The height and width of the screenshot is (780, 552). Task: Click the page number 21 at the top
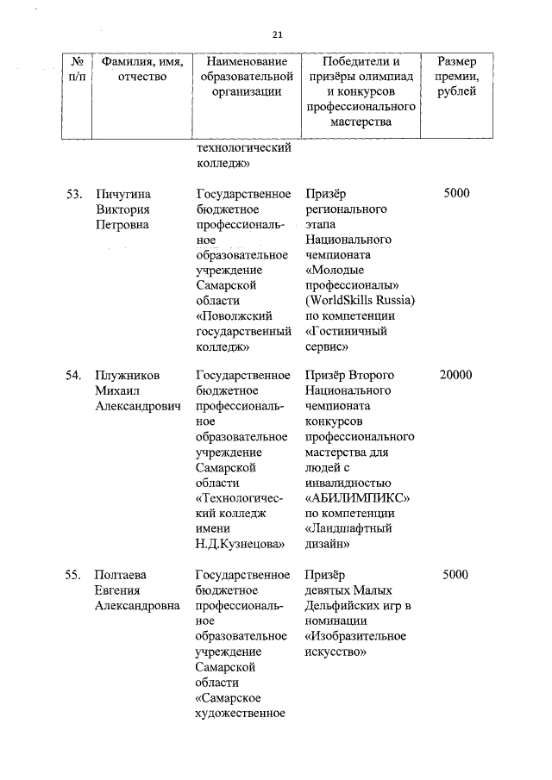coord(277,34)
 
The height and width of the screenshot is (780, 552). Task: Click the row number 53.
coord(74,193)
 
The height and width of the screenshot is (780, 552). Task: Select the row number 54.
coord(74,376)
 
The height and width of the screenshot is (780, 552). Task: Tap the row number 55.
coord(74,574)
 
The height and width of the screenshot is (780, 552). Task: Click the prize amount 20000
coord(455,376)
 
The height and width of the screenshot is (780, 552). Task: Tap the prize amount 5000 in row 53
coord(456,193)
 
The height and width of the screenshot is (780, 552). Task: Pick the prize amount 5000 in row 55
coord(456,574)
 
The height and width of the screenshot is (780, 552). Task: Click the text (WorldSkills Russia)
coord(361,300)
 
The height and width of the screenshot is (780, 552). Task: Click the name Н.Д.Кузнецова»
coord(241,544)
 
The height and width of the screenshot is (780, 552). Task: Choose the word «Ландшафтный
coord(349,529)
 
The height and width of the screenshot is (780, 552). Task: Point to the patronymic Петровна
coord(122,224)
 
